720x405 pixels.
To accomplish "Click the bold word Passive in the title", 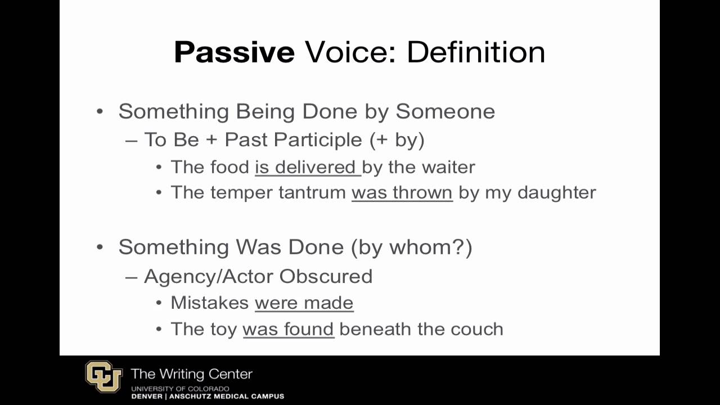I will (x=234, y=52).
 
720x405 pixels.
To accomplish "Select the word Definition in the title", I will (x=476, y=52).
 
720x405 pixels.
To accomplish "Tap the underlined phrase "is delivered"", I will (x=307, y=167).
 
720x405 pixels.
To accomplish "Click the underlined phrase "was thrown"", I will (x=402, y=192).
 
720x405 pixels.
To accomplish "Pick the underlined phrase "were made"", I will (x=304, y=303).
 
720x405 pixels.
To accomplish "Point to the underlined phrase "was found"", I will (x=288, y=328).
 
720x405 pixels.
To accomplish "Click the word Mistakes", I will (x=210, y=303).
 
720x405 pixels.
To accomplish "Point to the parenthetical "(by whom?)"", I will (x=411, y=247).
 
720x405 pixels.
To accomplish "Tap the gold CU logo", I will (x=104, y=377).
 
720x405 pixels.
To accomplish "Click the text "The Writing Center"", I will (x=191, y=374).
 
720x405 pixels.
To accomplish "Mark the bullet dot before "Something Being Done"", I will (x=100, y=111).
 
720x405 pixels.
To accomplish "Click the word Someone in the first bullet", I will (x=445, y=111).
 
